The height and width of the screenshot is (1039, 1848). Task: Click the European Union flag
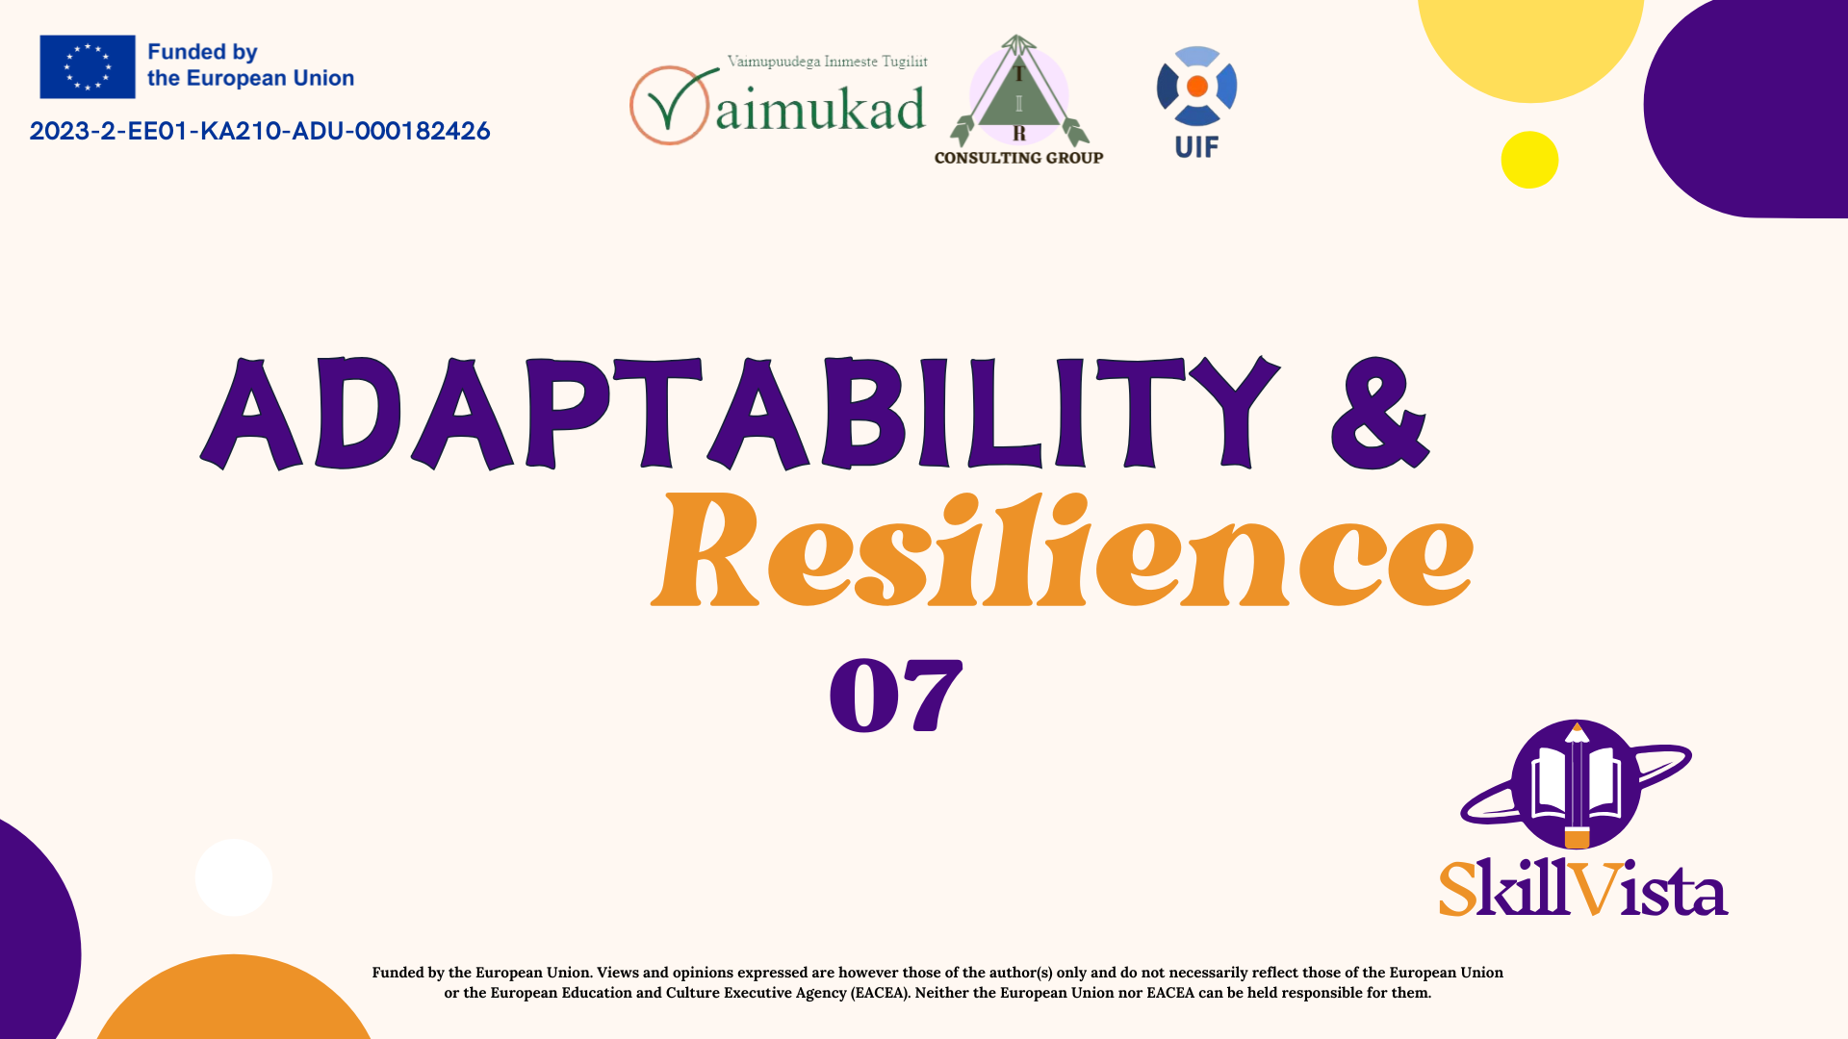88,66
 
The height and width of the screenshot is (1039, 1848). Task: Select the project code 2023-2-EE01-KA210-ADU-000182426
260,131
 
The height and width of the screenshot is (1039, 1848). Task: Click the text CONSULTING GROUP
1018,158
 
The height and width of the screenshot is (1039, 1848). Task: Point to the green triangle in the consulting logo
1018,101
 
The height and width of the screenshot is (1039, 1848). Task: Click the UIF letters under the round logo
1196,147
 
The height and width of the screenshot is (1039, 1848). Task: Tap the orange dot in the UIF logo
1197,87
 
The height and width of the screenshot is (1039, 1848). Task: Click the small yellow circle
1529,160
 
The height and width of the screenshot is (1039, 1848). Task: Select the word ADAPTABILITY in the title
740,413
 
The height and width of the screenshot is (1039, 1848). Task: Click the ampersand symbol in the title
1379,413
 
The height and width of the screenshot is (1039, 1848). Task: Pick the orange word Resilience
1062,549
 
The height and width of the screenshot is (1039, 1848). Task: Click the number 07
895,695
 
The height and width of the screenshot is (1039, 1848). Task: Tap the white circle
234,877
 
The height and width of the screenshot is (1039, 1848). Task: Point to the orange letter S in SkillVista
1458,888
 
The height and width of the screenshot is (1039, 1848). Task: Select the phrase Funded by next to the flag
202,53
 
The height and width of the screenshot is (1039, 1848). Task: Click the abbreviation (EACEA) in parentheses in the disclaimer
879,993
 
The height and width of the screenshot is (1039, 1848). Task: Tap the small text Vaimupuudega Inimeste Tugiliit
828,62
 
